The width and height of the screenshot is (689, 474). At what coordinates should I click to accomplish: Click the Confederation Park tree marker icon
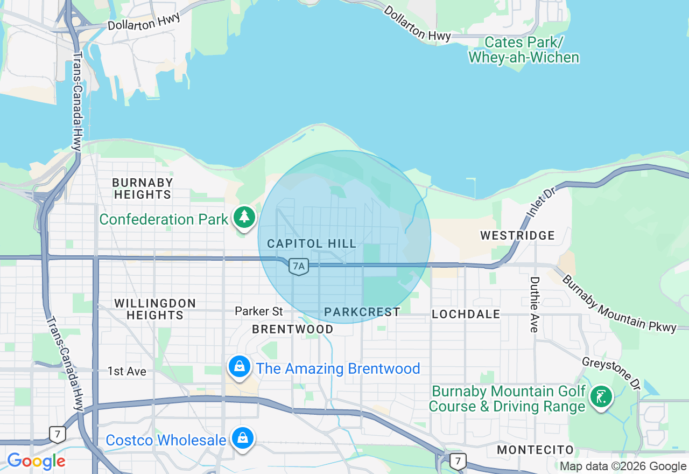coord(244,217)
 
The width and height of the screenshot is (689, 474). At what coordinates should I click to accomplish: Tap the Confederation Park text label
coord(164,220)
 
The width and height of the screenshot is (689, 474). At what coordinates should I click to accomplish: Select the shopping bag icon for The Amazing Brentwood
coord(240,367)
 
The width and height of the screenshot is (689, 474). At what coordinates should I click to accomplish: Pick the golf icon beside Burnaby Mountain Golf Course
coord(600,397)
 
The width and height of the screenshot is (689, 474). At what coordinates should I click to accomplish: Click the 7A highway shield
coord(298,266)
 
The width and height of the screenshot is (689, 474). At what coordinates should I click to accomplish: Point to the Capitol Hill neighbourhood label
coord(312,244)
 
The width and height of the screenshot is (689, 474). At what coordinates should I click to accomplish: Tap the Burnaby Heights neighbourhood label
coord(143,189)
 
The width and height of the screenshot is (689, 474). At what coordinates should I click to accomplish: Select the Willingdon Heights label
coord(155,309)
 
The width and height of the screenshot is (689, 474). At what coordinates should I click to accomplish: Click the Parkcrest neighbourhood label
coord(362,312)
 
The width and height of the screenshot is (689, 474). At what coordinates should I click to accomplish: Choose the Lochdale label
coord(466,314)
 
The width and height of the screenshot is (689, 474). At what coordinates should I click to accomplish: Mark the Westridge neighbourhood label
coord(517,235)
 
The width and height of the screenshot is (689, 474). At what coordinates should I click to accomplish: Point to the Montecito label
coord(536,450)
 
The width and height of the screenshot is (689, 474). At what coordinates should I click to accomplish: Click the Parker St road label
coord(259,311)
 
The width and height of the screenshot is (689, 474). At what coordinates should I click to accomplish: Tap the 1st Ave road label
coord(126,371)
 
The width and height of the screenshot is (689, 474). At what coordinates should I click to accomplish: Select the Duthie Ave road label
coord(535,304)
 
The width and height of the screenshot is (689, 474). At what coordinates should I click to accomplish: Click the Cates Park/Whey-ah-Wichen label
coord(524,50)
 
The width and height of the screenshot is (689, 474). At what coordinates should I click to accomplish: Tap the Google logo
coord(36,461)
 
